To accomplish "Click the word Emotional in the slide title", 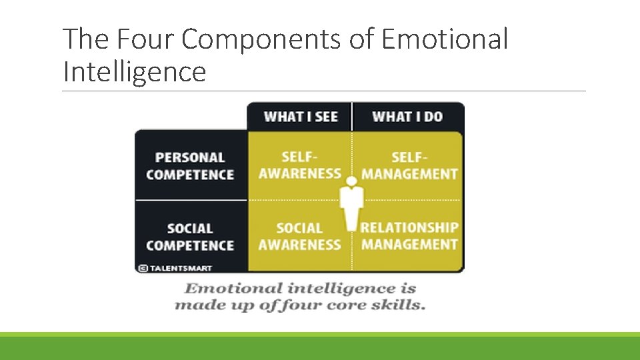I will tap(445, 40).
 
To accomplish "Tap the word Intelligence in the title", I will tap(134, 71).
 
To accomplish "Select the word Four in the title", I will tap(139, 40).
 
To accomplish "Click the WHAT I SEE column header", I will tap(301, 117).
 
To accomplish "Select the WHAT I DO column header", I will tap(407, 117).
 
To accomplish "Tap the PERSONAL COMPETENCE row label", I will tap(190, 166).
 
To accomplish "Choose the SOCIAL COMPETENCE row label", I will tap(190, 237).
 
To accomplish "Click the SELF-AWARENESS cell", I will tap(299, 165).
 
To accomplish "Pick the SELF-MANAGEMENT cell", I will tap(409, 165).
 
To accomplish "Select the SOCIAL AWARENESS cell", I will tap(299, 236).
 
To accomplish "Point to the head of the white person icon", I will tap(351, 181).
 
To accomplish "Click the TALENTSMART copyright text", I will tap(180, 268).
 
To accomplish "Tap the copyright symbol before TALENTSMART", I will tap(143, 268).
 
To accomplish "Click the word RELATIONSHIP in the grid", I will tap(409, 227).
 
